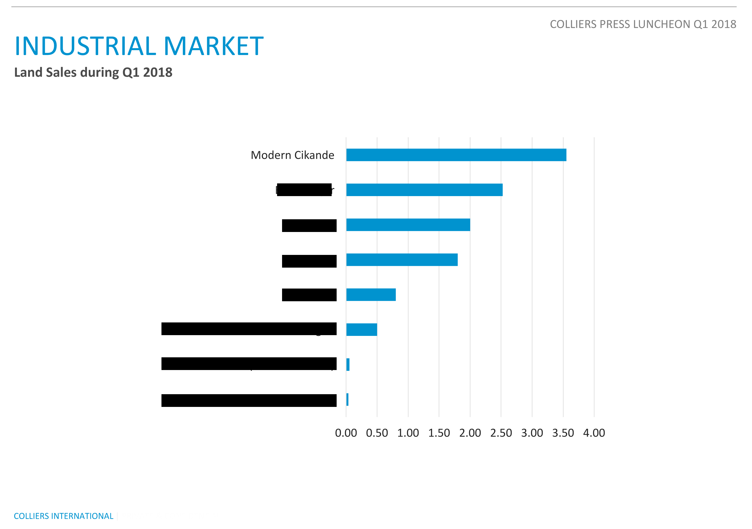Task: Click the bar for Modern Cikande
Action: click(x=456, y=155)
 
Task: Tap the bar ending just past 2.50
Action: click(x=424, y=190)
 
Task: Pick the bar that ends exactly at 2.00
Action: click(x=408, y=225)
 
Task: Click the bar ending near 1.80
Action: click(x=402, y=260)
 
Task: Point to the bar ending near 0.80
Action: click(x=371, y=295)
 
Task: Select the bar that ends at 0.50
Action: click(x=362, y=329)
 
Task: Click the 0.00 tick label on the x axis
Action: click(x=346, y=433)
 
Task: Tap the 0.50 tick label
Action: click(x=377, y=433)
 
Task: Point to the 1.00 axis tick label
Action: click(x=408, y=433)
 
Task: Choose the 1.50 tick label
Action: click(x=439, y=433)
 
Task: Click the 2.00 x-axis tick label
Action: click(x=470, y=433)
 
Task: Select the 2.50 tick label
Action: click(x=501, y=433)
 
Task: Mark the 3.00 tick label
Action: click(x=532, y=433)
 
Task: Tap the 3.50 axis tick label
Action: click(x=563, y=433)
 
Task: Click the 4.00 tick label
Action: click(x=594, y=433)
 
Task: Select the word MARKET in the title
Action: click(x=214, y=46)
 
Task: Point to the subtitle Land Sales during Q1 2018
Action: click(x=93, y=73)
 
